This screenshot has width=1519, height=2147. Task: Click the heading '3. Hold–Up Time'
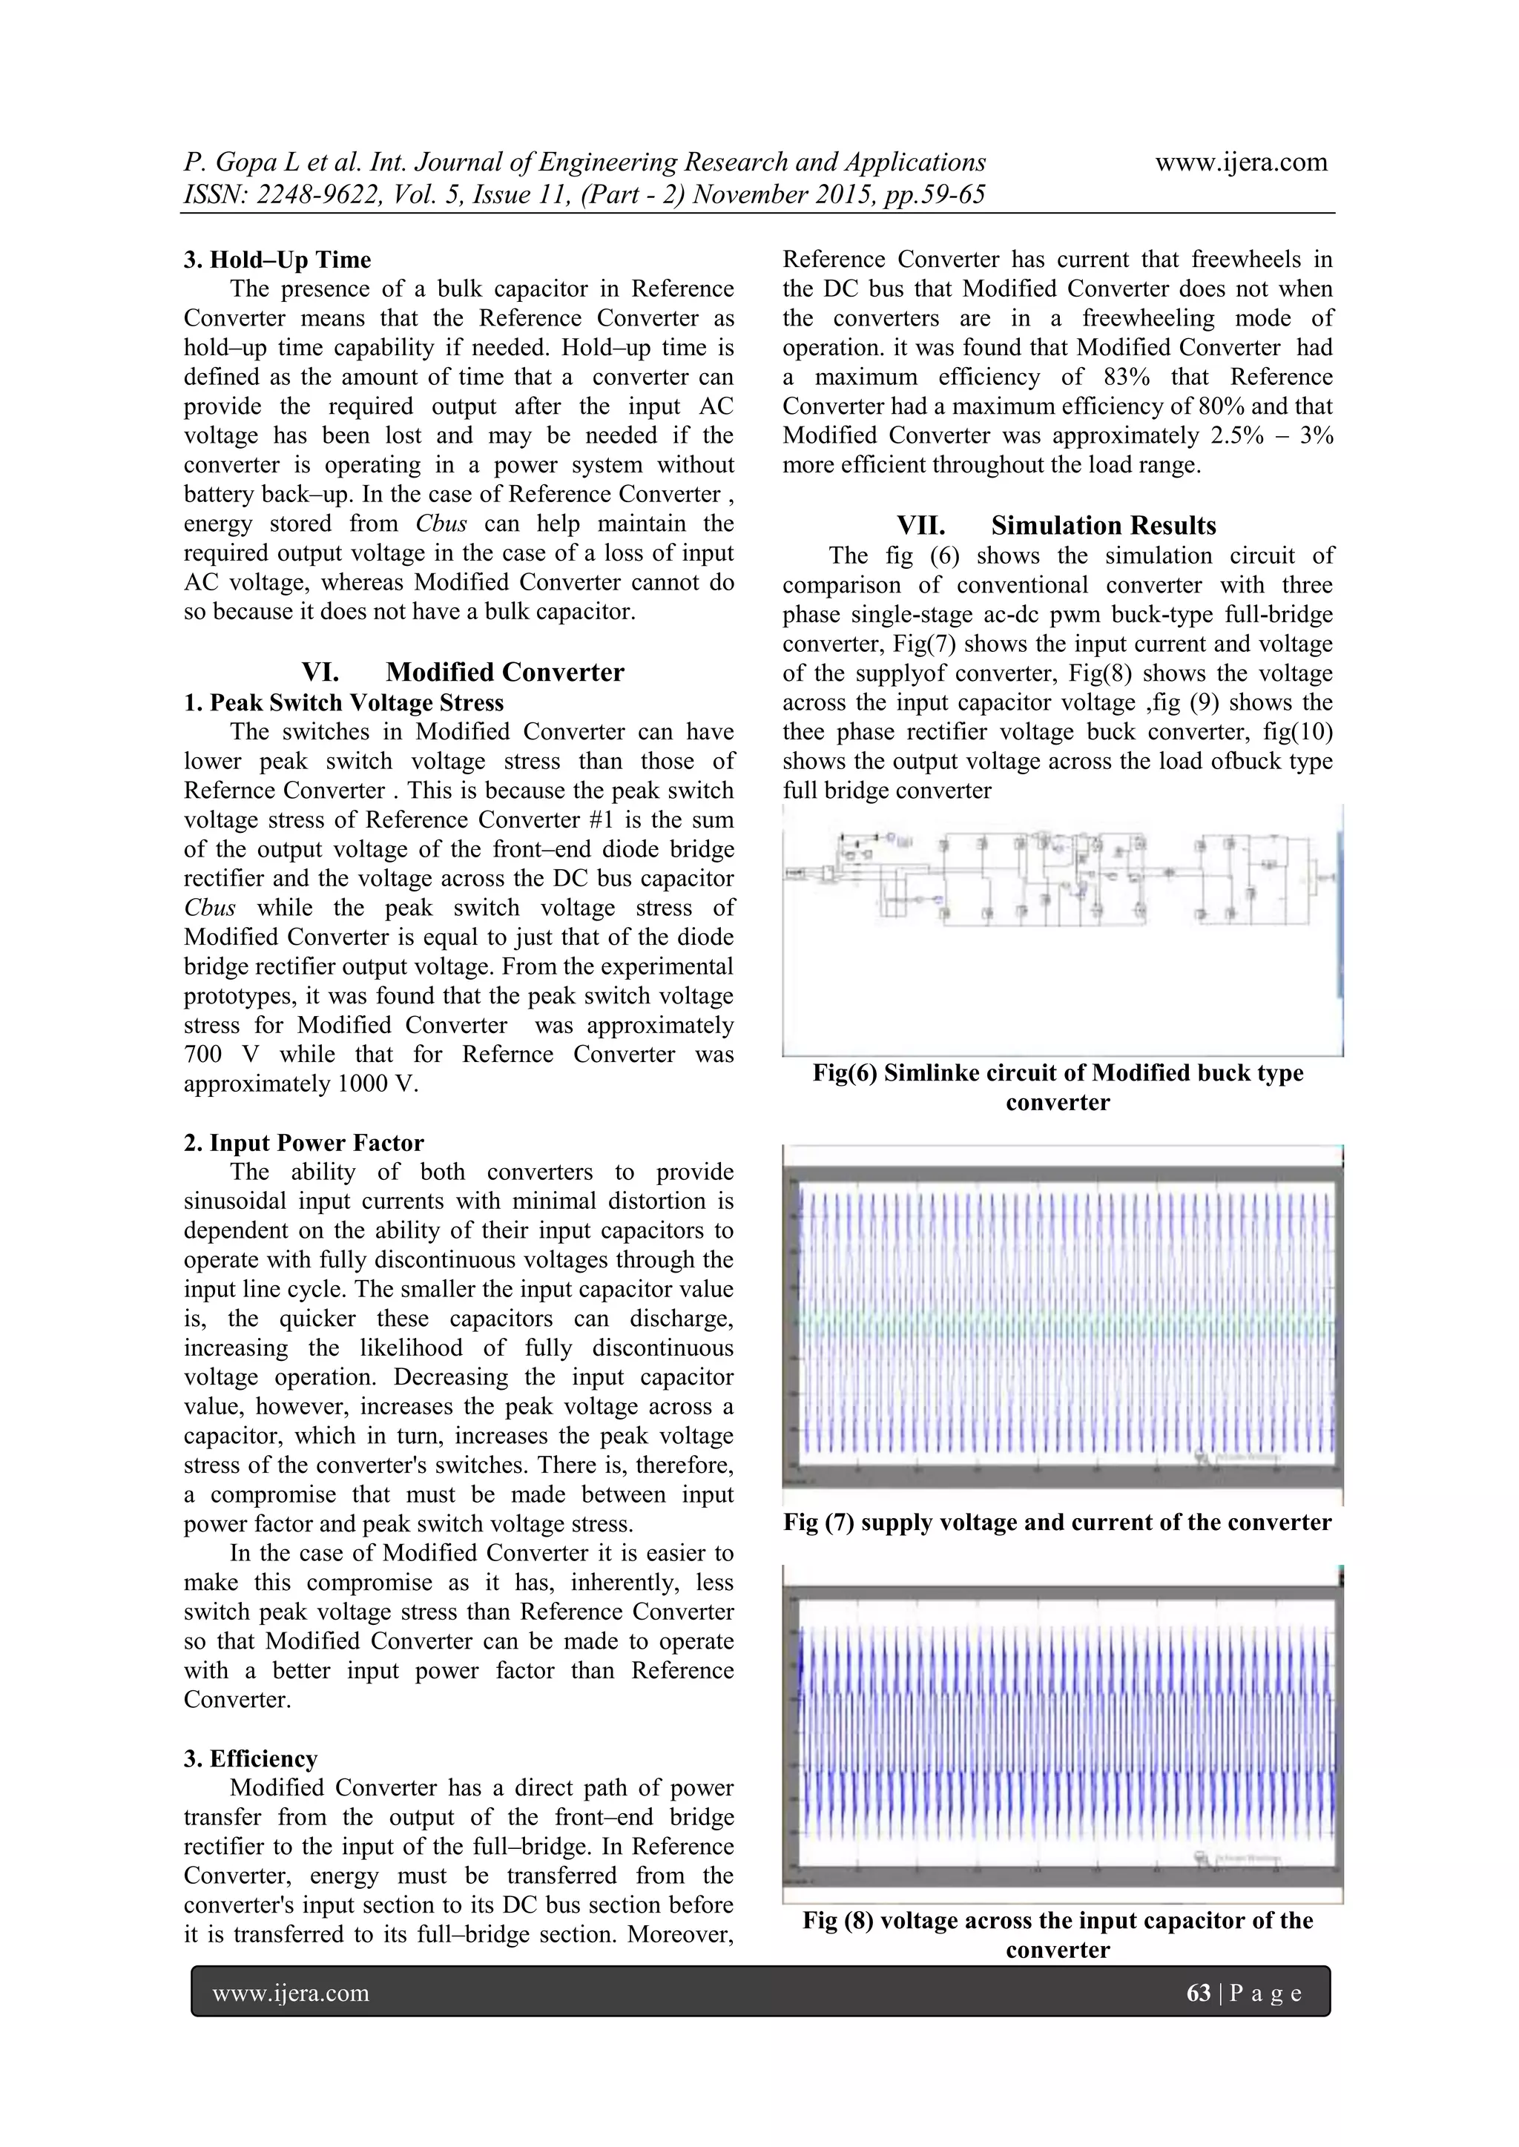[277, 260]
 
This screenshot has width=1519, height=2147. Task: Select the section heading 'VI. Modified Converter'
[462, 673]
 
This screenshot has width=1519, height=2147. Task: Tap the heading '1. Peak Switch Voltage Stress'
[357, 702]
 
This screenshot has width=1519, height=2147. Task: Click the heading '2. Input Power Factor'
[303, 1143]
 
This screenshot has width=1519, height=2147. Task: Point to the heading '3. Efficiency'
[250, 1759]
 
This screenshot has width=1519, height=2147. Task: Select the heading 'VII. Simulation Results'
[1056, 526]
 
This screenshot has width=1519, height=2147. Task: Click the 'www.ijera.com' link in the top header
[1241, 162]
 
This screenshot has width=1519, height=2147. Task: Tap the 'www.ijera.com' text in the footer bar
[291, 1993]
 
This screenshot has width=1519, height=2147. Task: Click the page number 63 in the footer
[1198, 1993]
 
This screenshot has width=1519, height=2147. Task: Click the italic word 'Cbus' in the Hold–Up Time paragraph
[441, 524]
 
